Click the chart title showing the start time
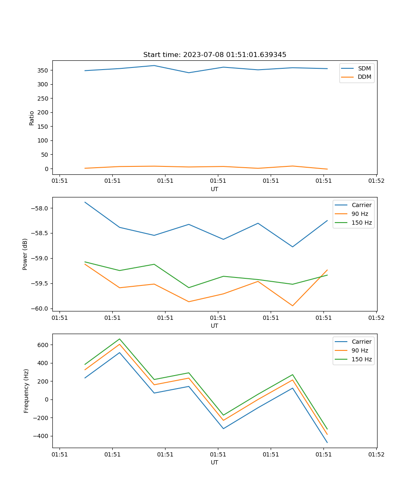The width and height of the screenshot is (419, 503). [x=215, y=55]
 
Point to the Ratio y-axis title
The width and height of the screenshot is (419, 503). [x=32, y=118]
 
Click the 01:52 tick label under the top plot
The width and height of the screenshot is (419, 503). [x=376, y=181]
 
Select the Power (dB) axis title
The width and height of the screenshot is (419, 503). [x=25, y=254]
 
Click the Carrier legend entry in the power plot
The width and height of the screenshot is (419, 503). [x=361, y=205]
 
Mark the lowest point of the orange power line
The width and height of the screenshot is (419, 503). [x=292, y=306]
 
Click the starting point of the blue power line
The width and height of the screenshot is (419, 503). [x=85, y=202]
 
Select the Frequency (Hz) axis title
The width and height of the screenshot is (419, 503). [x=26, y=391]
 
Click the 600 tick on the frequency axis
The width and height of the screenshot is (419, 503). [x=43, y=345]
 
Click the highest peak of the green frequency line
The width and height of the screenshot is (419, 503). [x=119, y=339]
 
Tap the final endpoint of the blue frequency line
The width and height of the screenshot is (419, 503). [x=327, y=442]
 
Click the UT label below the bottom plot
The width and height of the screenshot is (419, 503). [x=215, y=462]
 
